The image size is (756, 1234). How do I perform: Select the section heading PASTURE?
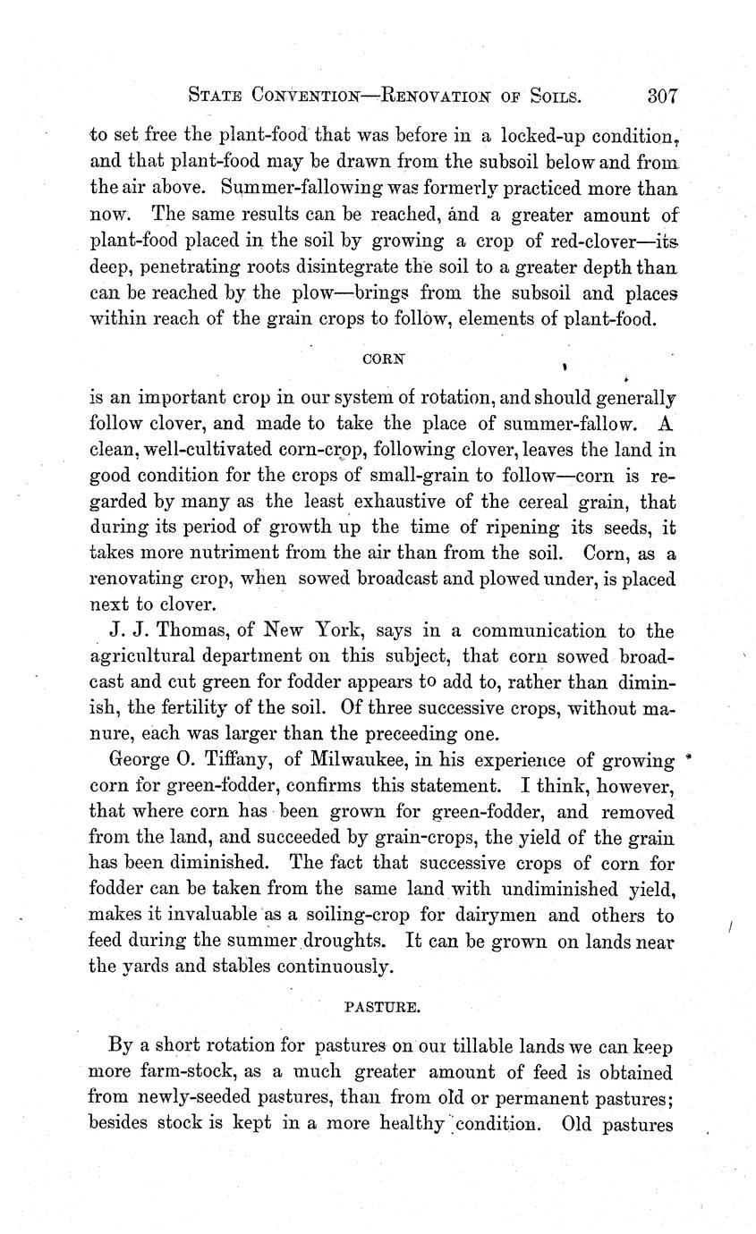coord(382,1006)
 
